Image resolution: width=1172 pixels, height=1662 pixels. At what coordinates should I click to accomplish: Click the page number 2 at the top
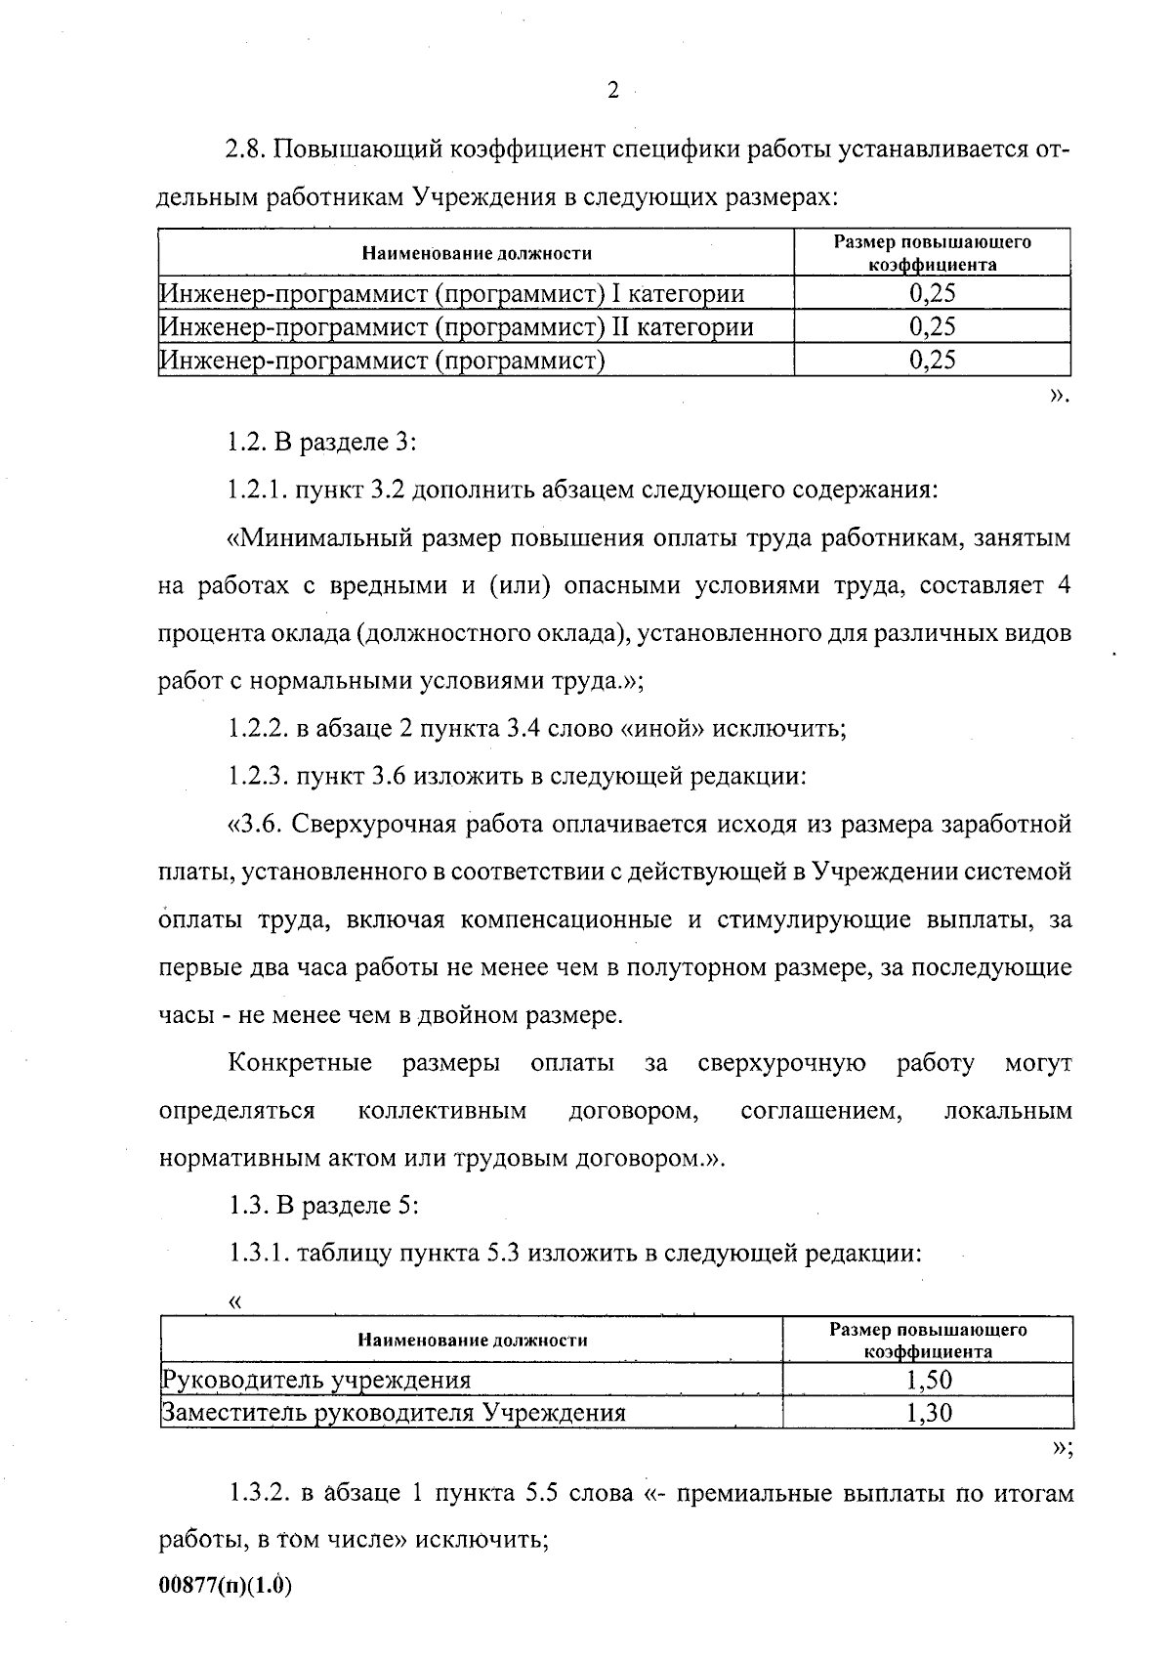coord(612,91)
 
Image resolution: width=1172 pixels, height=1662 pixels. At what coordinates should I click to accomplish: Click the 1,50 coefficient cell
coord(928,1380)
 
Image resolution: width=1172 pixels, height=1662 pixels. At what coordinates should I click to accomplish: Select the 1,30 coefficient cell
coord(928,1413)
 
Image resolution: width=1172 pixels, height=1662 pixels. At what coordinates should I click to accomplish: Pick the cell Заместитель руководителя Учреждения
coord(394,1413)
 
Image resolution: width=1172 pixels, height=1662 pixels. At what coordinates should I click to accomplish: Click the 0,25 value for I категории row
coord(932,293)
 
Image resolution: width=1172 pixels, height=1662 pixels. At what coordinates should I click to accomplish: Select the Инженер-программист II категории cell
coord(457,326)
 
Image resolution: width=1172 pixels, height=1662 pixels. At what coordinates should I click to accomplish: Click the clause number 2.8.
coord(245,150)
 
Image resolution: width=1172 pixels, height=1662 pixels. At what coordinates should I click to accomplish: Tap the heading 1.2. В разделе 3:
coord(322,442)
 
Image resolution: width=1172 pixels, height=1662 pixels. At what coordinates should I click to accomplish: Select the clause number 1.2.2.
coord(258,729)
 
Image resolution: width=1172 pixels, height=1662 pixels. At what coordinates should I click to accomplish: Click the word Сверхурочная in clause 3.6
coord(382,825)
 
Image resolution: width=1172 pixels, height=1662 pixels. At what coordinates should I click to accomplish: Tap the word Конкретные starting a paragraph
coord(301,1063)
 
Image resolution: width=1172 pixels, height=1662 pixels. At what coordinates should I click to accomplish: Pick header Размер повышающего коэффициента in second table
coord(928,1341)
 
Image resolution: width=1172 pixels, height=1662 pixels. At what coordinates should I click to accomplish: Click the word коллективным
coord(442,1111)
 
